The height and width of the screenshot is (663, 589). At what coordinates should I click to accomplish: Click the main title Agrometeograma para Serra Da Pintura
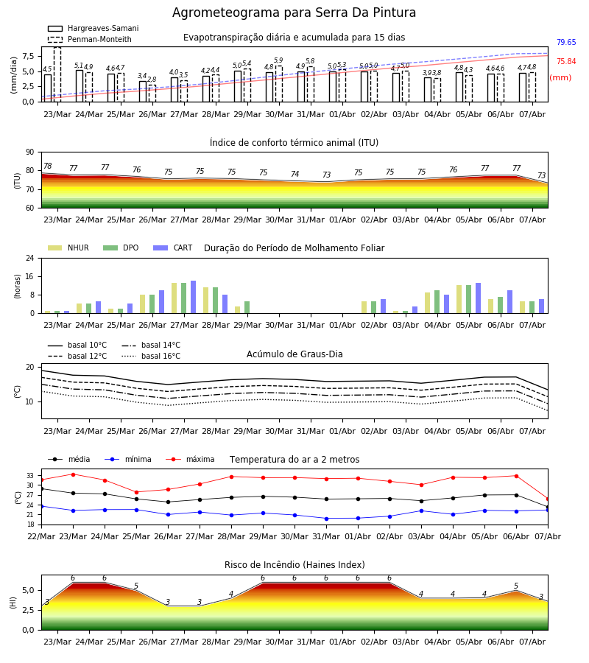pos(294,13)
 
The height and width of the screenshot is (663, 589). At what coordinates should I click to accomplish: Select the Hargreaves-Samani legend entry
pos(94,28)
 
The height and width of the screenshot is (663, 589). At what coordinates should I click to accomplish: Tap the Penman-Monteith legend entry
pos(90,39)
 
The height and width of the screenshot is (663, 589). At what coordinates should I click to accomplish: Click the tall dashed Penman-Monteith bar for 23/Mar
pos(57,74)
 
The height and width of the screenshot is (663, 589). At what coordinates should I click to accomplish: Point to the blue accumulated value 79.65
pos(566,42)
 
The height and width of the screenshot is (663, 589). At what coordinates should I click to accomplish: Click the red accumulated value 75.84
pos(566,61)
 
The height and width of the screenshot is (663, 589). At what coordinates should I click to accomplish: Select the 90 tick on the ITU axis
pos(29,152)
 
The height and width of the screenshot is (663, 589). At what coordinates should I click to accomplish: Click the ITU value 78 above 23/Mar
pos(48,166)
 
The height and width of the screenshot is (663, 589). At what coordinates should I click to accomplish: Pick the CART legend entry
pos(172,248)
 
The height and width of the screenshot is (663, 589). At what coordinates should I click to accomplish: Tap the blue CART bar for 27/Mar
pos(193,298)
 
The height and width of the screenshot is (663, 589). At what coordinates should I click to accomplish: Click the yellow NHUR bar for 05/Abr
pos(459,299)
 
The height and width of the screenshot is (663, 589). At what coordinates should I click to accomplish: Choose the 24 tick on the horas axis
pos(29,258)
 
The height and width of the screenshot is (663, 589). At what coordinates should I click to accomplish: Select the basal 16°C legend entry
pos(151,356)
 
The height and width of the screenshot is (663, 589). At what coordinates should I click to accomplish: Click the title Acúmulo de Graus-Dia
pos(294,354)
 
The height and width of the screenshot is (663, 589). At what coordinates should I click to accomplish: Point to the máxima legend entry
pos(190,459)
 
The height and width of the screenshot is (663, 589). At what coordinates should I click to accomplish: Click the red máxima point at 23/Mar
pos(73,474)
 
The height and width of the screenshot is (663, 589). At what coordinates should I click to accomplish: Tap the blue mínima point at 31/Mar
pos(326,519)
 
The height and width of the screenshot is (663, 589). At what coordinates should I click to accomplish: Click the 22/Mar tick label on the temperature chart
pos(41,536)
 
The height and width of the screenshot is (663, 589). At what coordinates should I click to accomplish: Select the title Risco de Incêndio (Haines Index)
pos(294,564)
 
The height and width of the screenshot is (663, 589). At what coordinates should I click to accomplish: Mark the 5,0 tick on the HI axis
pos(28,590)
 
